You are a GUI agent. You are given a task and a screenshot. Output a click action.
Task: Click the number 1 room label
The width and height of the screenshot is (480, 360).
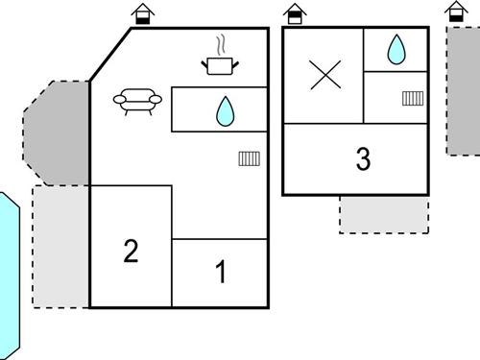[221, 273]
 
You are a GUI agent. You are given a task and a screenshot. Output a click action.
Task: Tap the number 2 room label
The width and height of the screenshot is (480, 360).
[132, 252]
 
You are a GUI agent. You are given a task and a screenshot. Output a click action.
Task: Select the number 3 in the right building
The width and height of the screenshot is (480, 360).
[363, 159]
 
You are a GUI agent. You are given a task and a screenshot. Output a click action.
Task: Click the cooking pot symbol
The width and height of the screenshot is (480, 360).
[221, 65]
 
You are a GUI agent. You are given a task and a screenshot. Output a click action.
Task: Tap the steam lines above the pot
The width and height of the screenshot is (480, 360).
[222, 44]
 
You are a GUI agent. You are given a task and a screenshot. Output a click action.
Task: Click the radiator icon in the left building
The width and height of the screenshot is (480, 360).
[249, 159]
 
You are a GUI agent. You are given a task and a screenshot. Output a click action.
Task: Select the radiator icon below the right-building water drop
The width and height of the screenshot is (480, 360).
[413, 97]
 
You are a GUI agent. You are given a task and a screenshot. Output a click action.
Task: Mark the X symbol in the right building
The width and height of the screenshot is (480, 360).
[324, 75]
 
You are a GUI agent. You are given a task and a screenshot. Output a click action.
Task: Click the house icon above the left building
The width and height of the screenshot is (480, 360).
[142, 13]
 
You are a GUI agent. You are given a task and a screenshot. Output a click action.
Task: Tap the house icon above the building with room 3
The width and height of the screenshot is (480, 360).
[294, 13]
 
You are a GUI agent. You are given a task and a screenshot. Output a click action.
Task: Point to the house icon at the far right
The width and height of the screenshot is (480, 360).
[457, 12]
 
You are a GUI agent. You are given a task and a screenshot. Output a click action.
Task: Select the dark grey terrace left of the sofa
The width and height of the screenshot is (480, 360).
[57, 132]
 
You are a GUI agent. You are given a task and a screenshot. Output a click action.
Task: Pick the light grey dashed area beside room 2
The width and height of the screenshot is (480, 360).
[60, 247]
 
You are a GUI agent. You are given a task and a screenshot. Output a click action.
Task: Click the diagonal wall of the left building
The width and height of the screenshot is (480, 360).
[110, 54]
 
